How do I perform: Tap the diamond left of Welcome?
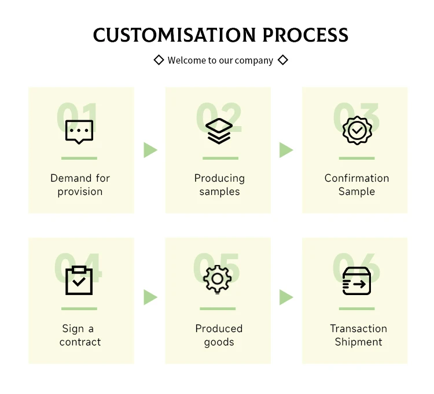(x=159, y=60)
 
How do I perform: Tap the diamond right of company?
(x=283, y=60)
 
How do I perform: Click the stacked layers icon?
(x=219, y=131)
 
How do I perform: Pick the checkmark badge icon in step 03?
(x=357, y=131)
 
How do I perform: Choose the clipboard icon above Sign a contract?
(x=79, y=281)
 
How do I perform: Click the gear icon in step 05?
(x=218, y=279)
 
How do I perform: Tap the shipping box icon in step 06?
(x=356, y=281)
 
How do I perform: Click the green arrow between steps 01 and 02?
(x=150, y=150)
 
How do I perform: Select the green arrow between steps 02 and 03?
(x=286, y=150)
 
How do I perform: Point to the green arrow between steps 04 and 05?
(x=150, y=297)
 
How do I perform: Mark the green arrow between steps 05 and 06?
(x=286, y=297)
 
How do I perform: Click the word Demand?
(x=71, y=178)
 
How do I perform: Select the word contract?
(x=80, y=342)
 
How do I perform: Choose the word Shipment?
(x=358, y=342)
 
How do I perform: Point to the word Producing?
(x=219, y=178)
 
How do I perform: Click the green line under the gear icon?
(x=218, y=308)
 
